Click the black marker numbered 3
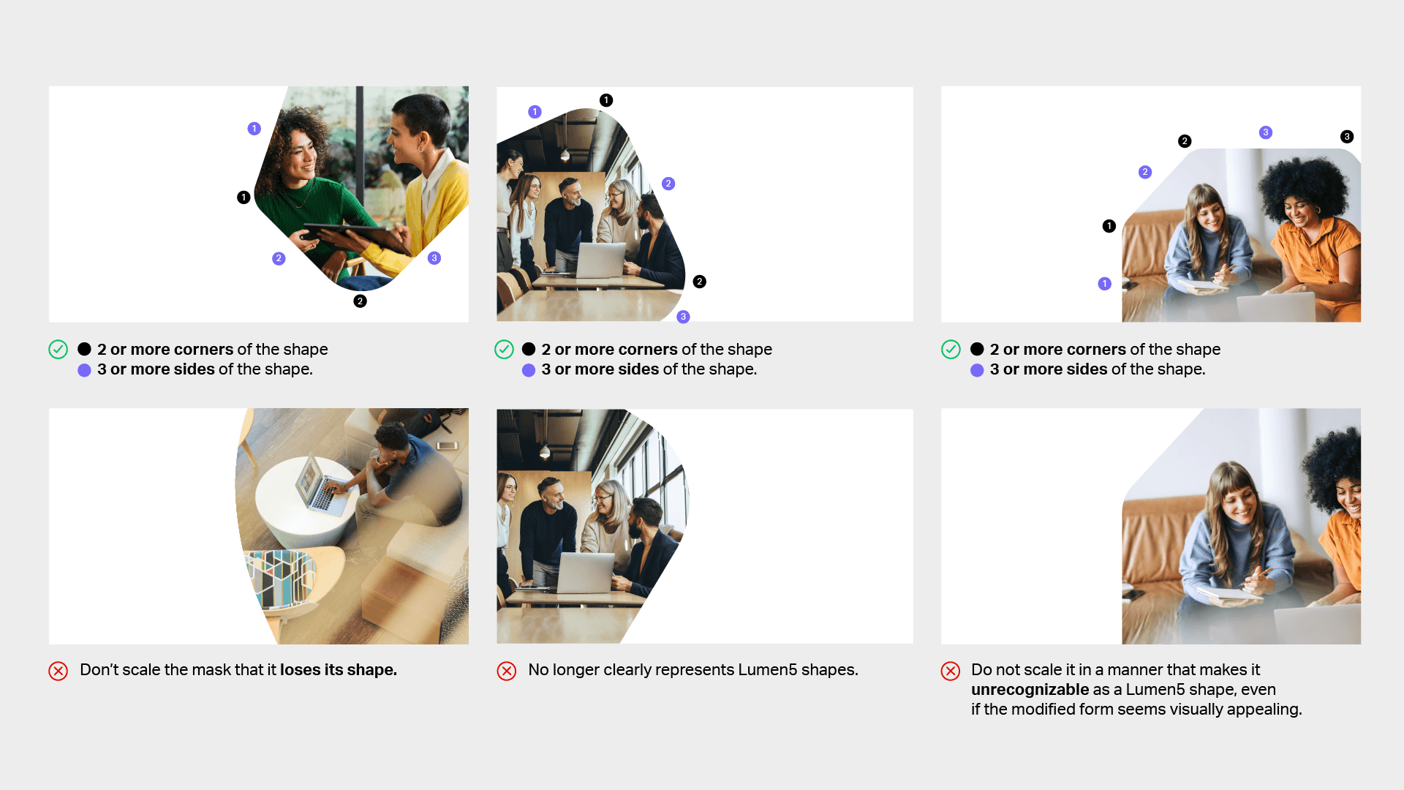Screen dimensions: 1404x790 (1346, 137)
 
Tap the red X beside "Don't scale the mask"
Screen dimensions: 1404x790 (58, 671)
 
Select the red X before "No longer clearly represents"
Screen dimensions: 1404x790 (507, 671)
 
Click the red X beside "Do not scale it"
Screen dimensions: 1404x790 (951, 671)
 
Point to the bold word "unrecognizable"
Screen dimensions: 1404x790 (1030, 690)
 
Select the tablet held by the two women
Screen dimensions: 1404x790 (356, 234)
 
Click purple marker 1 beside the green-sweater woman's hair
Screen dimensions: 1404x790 (254, 129)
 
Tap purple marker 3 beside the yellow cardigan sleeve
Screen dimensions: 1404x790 (434, 258)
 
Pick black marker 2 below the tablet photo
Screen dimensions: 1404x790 (360, 301)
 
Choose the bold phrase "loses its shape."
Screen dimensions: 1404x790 (339, 670)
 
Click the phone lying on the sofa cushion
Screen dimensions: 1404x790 (447, 445)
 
